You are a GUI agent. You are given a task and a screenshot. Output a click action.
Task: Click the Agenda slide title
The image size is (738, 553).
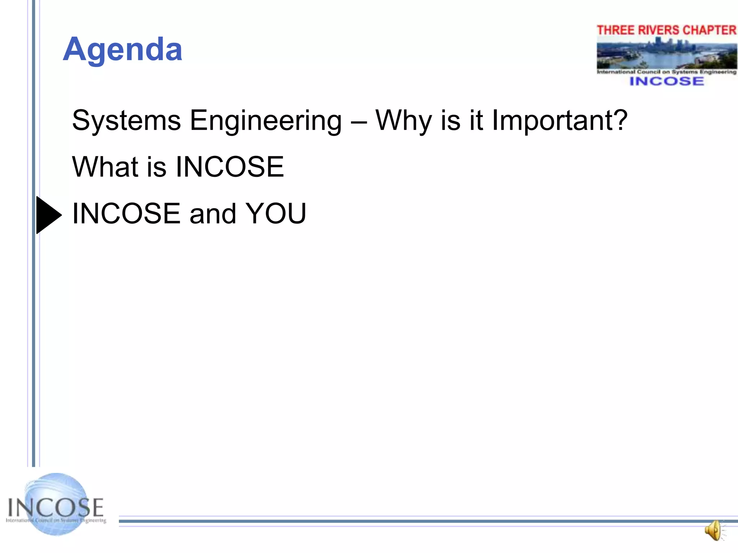point(123,50)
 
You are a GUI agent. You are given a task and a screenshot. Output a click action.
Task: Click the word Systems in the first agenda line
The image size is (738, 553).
point(126,121)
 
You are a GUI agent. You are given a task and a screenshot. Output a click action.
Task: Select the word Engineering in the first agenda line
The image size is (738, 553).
point(266,121)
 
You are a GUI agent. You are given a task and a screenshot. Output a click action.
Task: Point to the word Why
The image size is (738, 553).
point(403,121)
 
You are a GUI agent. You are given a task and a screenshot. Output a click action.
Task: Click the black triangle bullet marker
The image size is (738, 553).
point(48,215)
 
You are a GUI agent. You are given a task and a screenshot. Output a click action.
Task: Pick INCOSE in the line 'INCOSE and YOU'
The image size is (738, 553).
point(126,213)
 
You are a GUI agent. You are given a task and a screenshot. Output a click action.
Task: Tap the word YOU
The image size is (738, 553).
point(276,213)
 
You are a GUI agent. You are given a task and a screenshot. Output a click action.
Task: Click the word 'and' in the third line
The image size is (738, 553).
point(213,213)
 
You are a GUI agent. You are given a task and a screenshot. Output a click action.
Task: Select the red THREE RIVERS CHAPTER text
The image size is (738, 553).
point(667,30)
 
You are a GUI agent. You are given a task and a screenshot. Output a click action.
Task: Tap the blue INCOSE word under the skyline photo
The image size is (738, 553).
point(667,81)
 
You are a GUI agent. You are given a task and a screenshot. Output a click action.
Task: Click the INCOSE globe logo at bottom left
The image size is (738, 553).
point(56,504)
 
